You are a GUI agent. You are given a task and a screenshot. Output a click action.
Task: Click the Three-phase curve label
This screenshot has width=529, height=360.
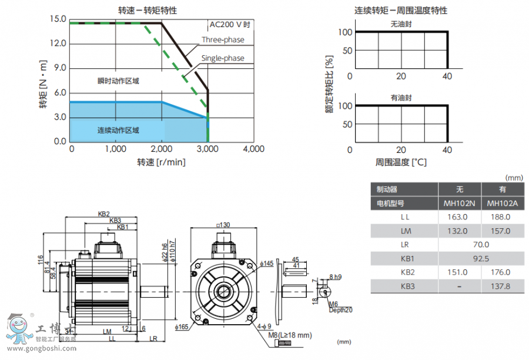223,40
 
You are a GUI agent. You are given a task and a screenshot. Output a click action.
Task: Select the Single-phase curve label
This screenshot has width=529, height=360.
223,58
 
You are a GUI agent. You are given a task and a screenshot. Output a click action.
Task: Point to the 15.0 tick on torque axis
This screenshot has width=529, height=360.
58,19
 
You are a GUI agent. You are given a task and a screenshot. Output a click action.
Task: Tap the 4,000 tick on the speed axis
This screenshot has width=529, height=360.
253,149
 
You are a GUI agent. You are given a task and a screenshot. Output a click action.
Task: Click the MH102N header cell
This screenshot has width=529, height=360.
460,204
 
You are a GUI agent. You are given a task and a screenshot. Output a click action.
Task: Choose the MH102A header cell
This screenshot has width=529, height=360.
503,204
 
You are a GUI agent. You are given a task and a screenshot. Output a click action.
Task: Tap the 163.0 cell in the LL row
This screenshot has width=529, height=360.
459,216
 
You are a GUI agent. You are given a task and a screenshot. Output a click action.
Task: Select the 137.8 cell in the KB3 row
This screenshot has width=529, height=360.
503,286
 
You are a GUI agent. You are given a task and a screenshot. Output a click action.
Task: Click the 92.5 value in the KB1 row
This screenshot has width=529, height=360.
481,258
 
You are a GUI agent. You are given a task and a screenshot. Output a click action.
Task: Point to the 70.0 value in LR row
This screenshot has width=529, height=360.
481,244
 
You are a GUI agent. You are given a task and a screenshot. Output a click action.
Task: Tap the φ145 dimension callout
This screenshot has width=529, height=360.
267,264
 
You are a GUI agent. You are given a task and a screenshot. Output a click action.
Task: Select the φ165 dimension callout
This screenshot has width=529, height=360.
181,326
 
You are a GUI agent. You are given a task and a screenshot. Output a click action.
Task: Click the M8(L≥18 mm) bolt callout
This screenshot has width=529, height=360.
289,335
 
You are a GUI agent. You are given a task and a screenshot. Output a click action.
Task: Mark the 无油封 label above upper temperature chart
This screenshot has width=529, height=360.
401,24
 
